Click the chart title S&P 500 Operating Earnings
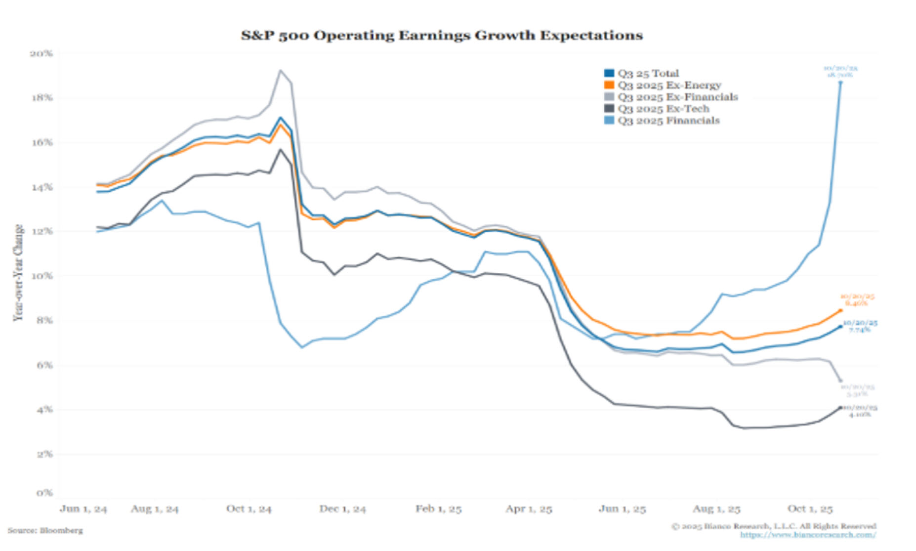tap(442, 36)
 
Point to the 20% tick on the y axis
tap(42, 53)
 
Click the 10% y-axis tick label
tap(42, 276)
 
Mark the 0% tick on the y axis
tap(43, 493)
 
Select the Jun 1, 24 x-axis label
tap(83, 509)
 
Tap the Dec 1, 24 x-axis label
tap(342, 509)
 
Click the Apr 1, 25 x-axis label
tap(528, 509)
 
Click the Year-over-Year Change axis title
tap(18, 273)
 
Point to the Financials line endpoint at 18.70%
tap(840, 83)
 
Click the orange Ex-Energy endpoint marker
tap(840, 310)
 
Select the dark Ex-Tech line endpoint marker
tap(840, 408)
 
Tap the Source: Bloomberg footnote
tap(45, 531)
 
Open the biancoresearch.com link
tap(808, 535)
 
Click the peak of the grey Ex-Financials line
tap(281, 70)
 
